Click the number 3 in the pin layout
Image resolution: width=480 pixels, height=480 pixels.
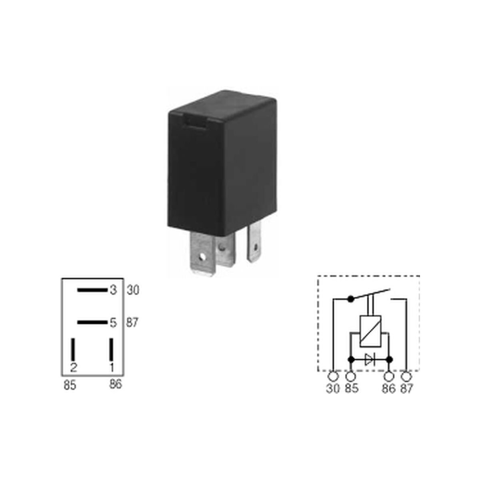coord(113,290)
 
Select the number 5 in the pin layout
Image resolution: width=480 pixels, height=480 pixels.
coord(113,323)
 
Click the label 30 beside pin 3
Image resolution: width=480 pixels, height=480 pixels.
coord(133,290)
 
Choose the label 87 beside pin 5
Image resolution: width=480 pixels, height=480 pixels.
coord(132,323)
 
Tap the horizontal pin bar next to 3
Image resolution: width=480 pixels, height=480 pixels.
coord(92,290)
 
